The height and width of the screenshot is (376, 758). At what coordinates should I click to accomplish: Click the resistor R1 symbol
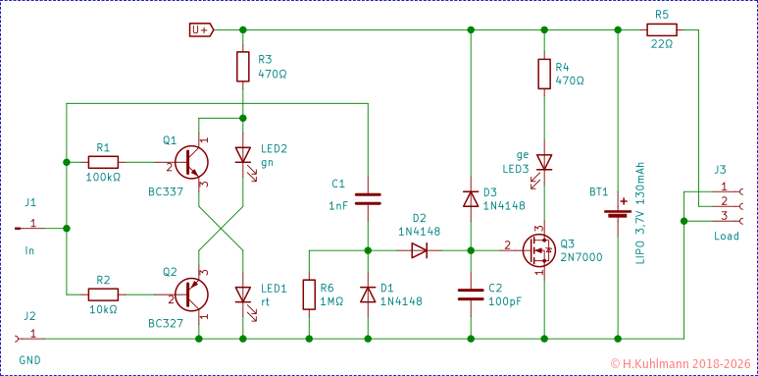click(x=103, y=162)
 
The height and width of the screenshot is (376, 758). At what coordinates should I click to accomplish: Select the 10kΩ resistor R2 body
click(x=103, y=294)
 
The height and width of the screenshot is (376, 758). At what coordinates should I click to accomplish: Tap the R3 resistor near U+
click(x=242, y=67)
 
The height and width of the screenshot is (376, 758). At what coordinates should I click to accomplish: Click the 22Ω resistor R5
click(x=661, y=29)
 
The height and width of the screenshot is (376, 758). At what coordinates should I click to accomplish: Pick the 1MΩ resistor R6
click(x=309, y=294)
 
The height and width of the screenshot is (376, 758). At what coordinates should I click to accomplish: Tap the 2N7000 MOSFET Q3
click(x=537, y=249)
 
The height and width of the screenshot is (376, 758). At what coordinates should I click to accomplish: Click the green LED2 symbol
click(x=242, y=155)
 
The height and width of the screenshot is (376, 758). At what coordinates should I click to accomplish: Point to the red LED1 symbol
click(x=242, y=294)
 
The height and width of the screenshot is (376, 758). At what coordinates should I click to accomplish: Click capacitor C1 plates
click(x=368, y=199)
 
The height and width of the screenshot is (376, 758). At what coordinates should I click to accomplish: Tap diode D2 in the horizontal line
click(x=419, y=249)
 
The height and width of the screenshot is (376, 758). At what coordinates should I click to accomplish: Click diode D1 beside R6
click(x=368, y=294)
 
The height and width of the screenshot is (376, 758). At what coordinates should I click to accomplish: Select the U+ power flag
click(x=200, y=29)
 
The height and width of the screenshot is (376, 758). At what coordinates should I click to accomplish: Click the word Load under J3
click(x=727, y=237)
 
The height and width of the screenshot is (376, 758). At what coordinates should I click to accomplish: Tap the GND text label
click(x=29, y=360)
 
